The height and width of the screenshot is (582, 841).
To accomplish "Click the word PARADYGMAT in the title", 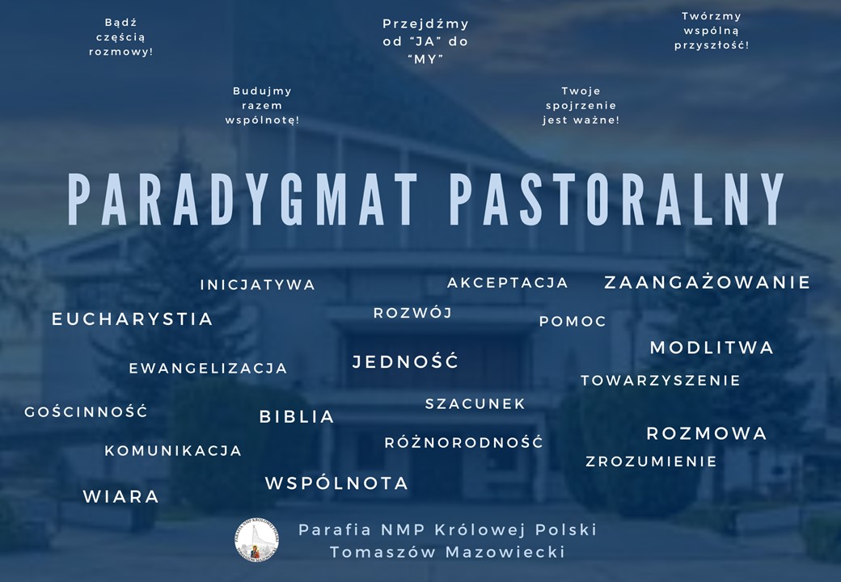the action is tap(243, 199).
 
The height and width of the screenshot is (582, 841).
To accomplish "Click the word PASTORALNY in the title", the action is tap(617, 199).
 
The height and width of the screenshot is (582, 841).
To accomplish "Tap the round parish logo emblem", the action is tap(257, 540).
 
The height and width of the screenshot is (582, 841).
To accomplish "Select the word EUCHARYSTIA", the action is tap(133, 319).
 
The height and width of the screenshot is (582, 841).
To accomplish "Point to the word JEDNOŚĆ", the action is tap(405, 361).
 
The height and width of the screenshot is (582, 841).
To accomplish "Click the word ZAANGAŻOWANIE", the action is tap(708, 281).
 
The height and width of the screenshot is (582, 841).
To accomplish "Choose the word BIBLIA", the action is tap(297, 417).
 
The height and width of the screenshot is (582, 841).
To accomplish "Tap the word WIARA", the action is tap(121, 496).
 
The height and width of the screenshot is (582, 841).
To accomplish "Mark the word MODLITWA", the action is tap(712, 348).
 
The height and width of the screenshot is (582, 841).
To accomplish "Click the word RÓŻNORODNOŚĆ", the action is tap(464, 441).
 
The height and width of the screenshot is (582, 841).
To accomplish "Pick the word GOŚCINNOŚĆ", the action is tap(86, 411).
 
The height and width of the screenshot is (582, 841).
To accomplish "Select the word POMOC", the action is tap(573, 322).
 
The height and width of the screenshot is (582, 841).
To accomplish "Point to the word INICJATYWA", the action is tap(258, 285).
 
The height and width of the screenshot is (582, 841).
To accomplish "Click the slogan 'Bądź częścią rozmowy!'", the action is tap(120, 37).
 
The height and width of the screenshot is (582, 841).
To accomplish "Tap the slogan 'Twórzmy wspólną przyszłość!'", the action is tap(712, 31).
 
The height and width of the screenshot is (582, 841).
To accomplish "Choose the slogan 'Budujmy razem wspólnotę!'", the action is tap(262, 106).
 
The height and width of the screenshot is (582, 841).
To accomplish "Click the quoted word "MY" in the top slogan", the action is tap(426, 59).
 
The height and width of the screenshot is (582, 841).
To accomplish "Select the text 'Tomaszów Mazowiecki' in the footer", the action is tap(447, 552).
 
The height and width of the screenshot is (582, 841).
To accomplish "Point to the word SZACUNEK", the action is tap(475, 403).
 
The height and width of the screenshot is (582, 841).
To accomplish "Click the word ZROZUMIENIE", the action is tap(651, 462).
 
